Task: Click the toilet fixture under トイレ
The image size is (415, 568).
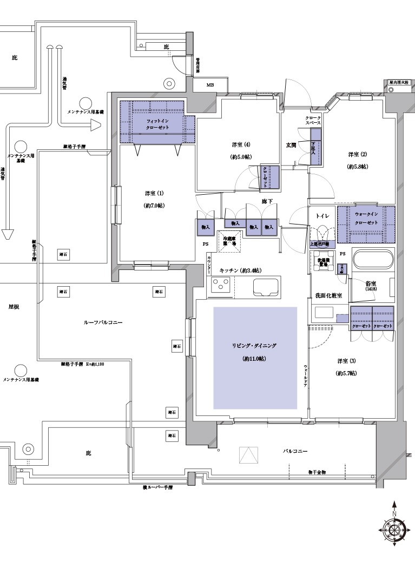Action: tap(323, 233)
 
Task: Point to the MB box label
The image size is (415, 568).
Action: tap(210, 85)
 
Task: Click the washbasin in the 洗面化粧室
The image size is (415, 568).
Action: tap(324, 313)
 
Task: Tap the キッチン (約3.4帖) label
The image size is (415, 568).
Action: tap(241, 270)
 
